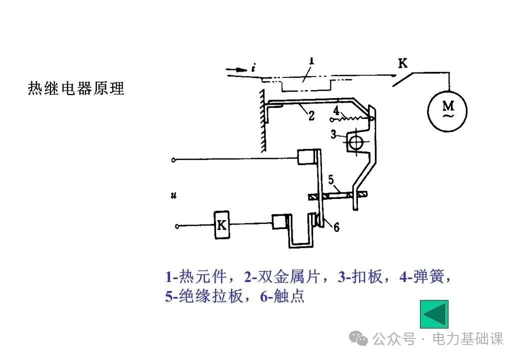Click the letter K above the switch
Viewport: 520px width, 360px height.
[402, 63]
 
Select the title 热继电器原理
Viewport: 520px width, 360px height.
[76, 89]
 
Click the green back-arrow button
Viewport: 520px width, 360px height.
[433, 314]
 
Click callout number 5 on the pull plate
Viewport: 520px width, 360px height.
[331, 179]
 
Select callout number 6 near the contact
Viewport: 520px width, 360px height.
[336, 227]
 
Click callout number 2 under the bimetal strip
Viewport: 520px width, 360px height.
[311, 117]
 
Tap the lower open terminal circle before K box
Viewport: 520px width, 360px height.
[177, 226]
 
